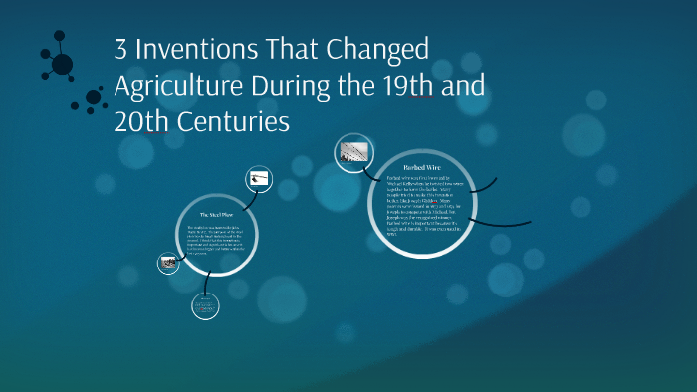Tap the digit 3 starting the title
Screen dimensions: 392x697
coord(122,50)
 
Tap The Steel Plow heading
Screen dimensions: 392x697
coord(216,215)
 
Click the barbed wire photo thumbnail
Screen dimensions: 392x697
coord(355,152)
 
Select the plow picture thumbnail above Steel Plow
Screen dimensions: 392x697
coord(260,179)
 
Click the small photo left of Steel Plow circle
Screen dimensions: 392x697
coord(168,264)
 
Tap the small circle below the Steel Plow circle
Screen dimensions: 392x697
coord(204,307)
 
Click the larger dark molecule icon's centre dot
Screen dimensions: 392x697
coord(62,64)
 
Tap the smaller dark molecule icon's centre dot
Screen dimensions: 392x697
coord(94,98)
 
